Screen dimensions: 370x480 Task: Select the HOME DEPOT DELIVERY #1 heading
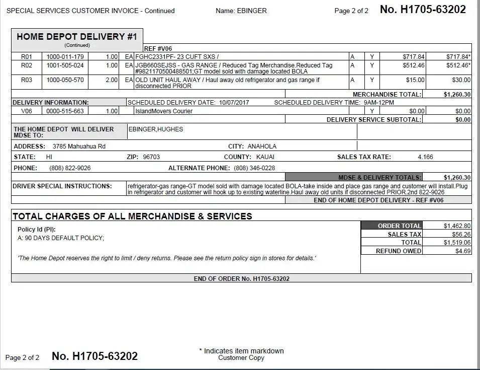coord(77,37)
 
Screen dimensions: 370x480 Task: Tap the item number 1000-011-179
coord(65,57)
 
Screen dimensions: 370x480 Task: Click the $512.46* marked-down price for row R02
coord(458,65)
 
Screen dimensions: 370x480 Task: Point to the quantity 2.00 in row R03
coord(111,80)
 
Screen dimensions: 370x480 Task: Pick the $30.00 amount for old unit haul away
coord(461,80)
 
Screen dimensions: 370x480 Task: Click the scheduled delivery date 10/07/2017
coord(234,103)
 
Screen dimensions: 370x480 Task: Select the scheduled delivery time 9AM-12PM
coord(379,103)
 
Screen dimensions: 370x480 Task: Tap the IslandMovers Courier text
coord(157,111)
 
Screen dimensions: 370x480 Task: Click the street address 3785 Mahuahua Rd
coord(79,146)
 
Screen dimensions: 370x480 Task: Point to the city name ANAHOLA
coord(262,146)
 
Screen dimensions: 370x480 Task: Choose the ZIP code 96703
coord(151,157)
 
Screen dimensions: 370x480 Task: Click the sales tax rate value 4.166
coord(425,157)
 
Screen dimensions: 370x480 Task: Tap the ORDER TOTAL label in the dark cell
coord(399,226)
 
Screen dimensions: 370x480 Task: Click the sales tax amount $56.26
coord(461,235)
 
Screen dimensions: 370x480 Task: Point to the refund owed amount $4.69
coord(463,251)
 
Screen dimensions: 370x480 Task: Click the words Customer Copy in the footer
coord(241,358)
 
